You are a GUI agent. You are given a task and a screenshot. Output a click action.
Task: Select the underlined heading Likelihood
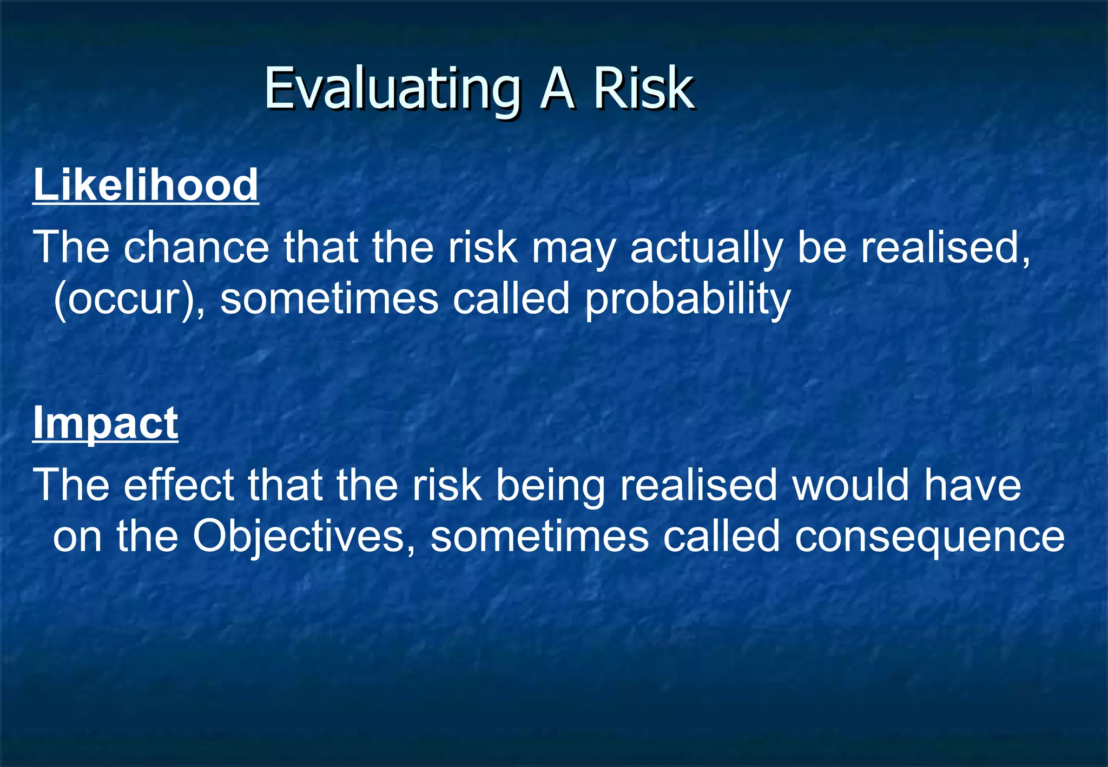pos(146,185)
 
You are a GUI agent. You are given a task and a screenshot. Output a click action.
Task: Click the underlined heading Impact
pos(105,423)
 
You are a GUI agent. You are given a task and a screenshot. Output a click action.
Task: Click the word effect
pos(179,485)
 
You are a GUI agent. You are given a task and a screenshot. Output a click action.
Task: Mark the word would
pos(850,485)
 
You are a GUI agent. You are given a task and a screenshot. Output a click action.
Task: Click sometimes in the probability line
pos(329,299)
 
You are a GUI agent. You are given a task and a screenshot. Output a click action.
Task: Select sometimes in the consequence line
pos(539,537)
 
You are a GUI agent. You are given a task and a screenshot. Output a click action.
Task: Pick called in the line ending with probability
pos(511,299)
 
